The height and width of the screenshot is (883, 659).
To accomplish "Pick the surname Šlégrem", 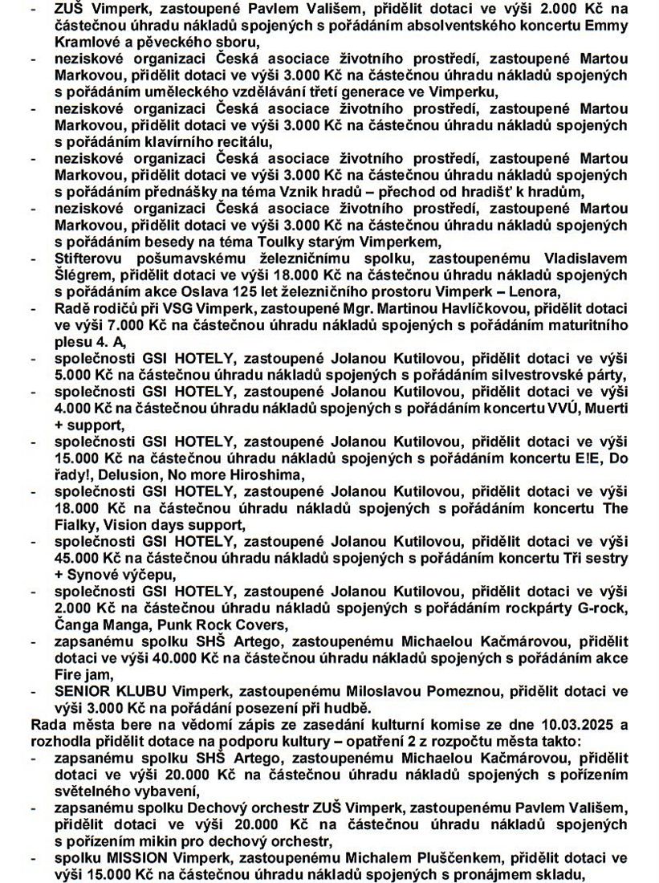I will pos(82,275).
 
